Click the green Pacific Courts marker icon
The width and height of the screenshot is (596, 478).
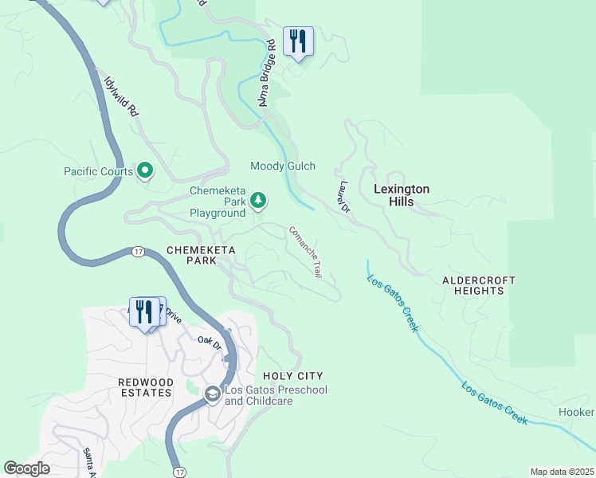point(145,170)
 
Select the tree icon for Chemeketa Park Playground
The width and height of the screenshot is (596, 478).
point(258,201)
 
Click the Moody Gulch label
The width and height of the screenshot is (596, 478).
point(283,166)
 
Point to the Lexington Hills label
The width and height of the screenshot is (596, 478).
point(402,195)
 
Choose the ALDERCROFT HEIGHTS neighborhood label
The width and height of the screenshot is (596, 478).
point(479,286)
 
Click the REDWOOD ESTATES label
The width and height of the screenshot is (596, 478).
point(145,387)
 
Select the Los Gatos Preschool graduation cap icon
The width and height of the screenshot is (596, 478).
point(212,394)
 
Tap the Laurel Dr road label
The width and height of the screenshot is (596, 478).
point(343,197)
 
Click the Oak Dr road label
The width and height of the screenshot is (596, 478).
point(209,341)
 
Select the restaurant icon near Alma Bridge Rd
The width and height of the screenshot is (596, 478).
point(298,41)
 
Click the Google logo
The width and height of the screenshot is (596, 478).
point(27,468)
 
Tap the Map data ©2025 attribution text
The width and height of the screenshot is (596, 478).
point(562,472)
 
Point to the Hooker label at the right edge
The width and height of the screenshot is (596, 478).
point(576,412)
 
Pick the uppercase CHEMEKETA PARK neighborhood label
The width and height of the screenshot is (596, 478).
point(191,255)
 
